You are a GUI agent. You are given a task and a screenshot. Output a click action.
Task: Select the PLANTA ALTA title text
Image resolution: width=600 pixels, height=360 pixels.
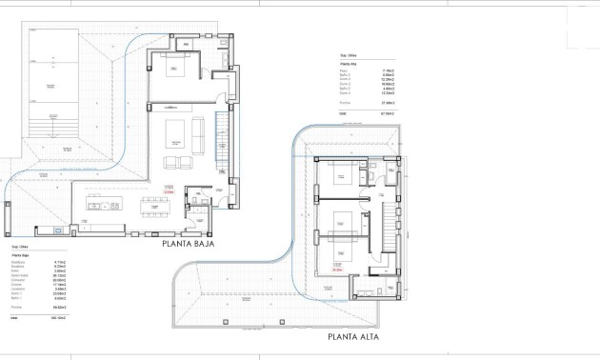[x=362, y=336]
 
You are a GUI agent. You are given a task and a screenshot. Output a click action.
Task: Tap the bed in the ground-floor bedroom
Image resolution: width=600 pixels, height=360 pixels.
[x=174, y=70]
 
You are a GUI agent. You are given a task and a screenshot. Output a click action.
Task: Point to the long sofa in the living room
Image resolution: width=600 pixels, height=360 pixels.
[x=198, y=133]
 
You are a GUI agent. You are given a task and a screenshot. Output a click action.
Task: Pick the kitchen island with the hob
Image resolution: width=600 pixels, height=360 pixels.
[x=104, y=205]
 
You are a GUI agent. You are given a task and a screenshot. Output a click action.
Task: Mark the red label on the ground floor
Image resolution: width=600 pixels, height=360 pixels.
[x=169, y=190]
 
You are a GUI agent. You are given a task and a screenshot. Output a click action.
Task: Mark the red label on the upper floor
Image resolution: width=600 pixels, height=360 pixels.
[x=336, y=270]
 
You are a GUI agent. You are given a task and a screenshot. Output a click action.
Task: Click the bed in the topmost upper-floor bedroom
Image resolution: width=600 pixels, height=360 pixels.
[x=340, y=175]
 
